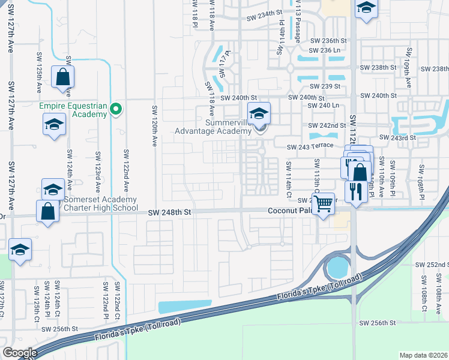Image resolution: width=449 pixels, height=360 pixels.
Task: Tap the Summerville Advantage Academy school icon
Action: click(259, 113)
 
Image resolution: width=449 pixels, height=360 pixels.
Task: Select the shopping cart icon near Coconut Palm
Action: click(324, 203)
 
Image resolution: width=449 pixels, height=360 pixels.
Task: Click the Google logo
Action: click(20, 353)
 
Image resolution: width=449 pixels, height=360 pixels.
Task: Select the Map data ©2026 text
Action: click(424, 355)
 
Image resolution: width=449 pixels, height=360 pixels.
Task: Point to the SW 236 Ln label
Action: click(325, 50)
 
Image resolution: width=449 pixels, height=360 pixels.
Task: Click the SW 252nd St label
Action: click(432, 265)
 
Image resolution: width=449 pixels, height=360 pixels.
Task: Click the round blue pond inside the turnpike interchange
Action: click(339, 264)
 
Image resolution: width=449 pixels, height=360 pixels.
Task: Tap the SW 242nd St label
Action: click(327, 125)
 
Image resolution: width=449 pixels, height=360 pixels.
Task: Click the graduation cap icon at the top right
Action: click(366, 9)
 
